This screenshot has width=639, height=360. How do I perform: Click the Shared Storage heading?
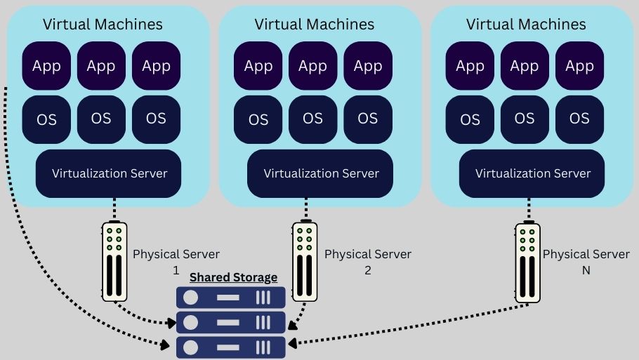point(233,277)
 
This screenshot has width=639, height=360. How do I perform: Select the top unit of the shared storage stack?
point(231,298)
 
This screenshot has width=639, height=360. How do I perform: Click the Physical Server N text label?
point(586,261)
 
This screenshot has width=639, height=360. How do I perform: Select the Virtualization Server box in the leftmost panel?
point(110,173)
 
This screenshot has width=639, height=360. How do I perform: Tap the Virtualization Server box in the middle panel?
point(321,173)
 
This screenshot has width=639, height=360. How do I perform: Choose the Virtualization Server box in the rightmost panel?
point(533,173)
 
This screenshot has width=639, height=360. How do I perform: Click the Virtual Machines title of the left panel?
point(103,24)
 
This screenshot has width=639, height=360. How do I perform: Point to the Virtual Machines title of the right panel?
point(526,24)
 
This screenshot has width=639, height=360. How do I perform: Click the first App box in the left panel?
point(47,66)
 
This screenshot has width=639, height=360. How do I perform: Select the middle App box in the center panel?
point(313,66)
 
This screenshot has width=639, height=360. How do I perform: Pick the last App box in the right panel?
point(579,66)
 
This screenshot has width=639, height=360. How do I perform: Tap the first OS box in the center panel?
point(258,119)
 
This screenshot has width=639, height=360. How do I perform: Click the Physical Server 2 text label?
point(367,261)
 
